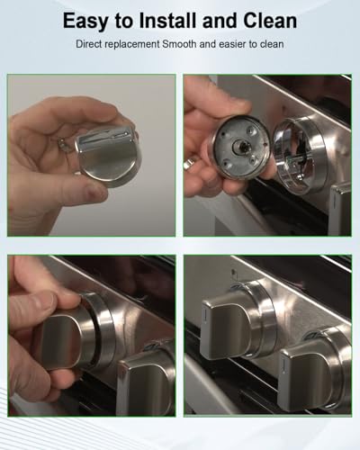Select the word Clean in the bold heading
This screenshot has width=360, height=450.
[270, 21]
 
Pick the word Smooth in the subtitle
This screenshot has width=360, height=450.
[179, 44]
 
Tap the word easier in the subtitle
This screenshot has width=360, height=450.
[232, 44]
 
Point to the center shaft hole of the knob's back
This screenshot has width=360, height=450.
[240, 146]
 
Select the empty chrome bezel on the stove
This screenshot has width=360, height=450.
[300, 155]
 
